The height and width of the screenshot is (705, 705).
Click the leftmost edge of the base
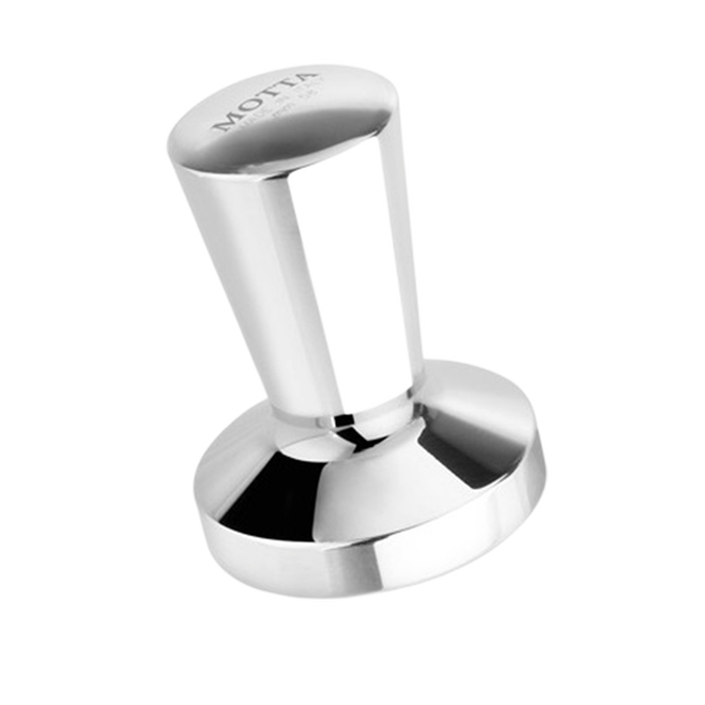click(x=196, y=502)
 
